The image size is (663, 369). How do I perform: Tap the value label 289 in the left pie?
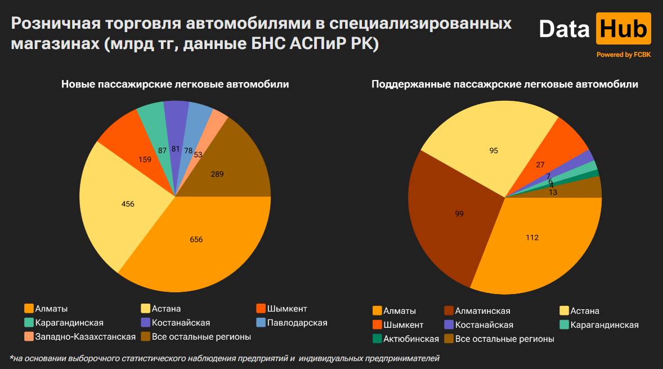(217, 174)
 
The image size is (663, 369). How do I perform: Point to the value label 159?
(145, 159)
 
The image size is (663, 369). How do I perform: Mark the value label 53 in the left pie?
(198, 154)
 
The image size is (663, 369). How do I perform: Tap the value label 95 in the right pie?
(494, 150)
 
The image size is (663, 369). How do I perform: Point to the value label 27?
(540, 165)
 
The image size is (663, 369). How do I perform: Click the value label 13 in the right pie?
(553, 192)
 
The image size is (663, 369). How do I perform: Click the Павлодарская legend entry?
(292, 323)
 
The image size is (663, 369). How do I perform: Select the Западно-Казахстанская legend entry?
(80, 336)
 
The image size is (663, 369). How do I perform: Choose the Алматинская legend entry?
(477, 311)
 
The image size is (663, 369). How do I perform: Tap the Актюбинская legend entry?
(406, 339)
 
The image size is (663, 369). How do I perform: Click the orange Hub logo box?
(623, 28)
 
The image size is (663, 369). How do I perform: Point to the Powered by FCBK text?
(623, 55)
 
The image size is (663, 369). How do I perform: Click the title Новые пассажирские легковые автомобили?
(175, 85)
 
